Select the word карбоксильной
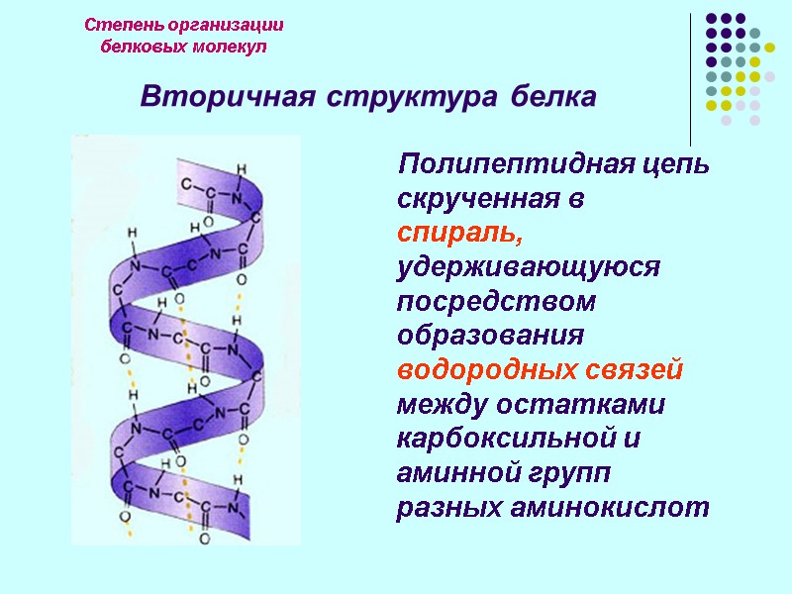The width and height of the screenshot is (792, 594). (x=510, y=439)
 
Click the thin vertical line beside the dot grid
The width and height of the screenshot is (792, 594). (x=690, y=79)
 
